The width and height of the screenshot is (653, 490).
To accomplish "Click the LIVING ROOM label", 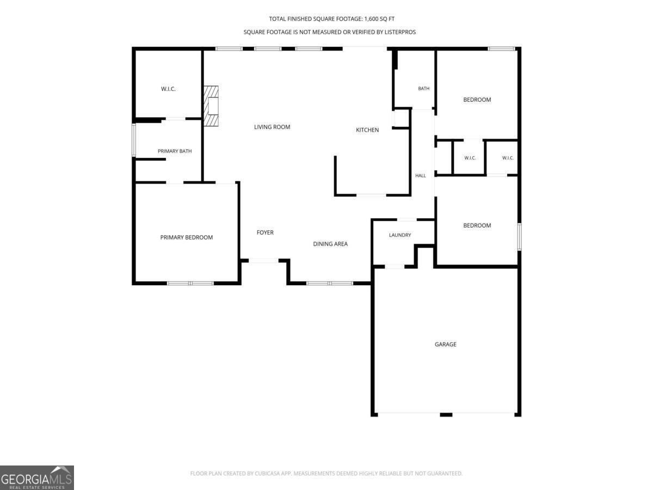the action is click(272, 127).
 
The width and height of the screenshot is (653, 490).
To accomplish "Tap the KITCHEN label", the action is click(367, 130).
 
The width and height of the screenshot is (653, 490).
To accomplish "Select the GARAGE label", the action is click(445, 344).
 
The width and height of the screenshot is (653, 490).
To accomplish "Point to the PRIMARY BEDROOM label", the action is click(187, 237).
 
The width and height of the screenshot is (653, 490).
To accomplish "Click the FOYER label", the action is click(265, 232).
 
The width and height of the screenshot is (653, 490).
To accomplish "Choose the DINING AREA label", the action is click(330, 244).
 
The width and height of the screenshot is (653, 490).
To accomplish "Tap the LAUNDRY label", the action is click(400, 235).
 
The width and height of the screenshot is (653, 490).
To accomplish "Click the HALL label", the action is click(420, 175).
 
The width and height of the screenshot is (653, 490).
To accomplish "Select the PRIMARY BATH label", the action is click(175, 151).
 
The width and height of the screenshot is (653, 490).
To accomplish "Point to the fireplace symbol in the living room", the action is click(211, 106).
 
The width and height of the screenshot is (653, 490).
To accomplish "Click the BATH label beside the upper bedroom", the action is click(423, 88).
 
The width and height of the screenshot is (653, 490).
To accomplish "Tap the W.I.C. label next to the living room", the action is click(168, 89).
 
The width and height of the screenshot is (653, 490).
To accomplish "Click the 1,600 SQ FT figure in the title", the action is click(379, 19).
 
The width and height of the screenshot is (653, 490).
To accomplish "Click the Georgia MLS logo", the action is click(37, 477).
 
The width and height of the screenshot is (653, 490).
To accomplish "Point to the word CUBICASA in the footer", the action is click(267, 473).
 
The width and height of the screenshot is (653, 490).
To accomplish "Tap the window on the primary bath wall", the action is click(134, 140).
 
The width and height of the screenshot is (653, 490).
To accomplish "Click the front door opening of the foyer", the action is click(263, 261).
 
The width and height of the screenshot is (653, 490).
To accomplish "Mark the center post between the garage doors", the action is click(446, 415).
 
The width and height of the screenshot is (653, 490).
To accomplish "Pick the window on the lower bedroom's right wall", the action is click(520, 237).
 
